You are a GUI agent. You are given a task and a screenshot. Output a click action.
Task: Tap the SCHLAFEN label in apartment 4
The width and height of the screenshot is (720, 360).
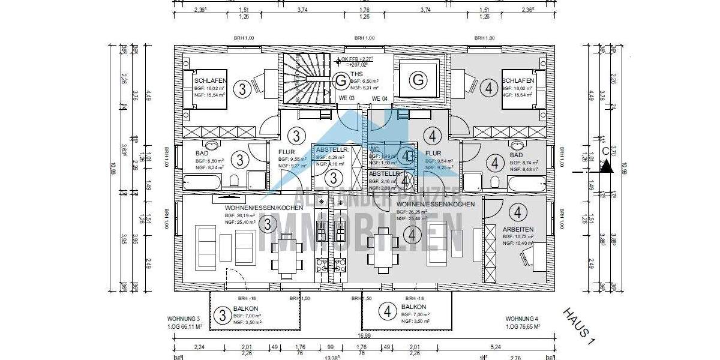click(518, 80)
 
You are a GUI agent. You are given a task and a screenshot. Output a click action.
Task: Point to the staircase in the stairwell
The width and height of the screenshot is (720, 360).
click(299, 80)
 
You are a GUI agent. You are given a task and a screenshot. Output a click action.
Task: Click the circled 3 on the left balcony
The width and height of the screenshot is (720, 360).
click(222, 314)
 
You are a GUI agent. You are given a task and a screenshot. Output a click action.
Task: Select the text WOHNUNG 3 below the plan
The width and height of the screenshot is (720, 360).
click(184, 319)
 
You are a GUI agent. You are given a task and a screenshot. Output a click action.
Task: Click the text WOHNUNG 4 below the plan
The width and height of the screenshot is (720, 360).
click(522, 319)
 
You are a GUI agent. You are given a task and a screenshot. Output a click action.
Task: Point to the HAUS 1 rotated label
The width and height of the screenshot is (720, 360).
click(578, 326)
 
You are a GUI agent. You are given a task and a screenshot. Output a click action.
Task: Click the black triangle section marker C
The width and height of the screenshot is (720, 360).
click(608, 167)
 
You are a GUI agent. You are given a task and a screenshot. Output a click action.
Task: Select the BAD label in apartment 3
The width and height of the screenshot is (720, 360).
click(202, 153)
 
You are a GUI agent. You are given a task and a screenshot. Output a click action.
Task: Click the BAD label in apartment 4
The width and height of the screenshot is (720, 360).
click(516, 154)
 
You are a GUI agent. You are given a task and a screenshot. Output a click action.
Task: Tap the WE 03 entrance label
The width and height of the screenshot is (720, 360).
click(346, 98)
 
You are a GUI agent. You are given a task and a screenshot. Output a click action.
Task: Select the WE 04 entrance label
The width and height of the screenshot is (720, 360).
click(379, 98)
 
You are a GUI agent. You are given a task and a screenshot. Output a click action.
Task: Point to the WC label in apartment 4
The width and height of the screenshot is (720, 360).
click(374, 149)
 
